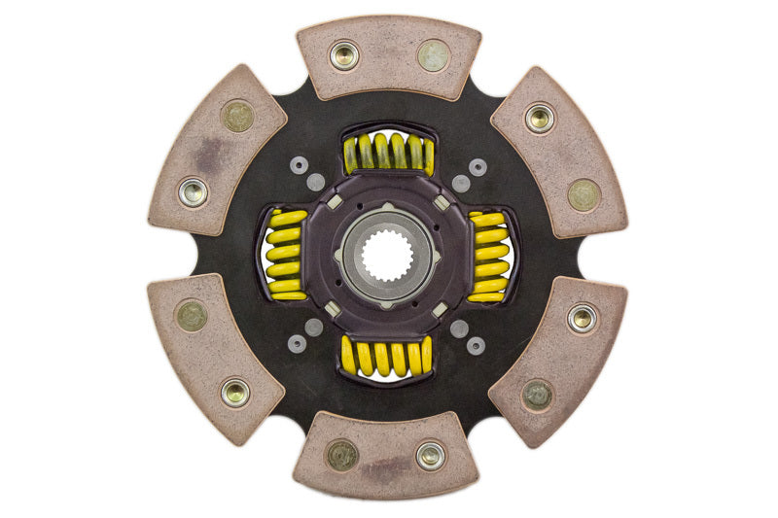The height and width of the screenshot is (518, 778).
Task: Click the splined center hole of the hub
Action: pyautogui.click(x=387, y=257)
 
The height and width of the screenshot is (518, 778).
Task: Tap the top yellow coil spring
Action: pyautogui.click(x=388, y=152)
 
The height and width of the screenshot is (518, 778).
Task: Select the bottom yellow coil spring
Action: pyautogui.click(x=387, y=357)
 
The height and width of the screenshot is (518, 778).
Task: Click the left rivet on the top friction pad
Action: pyautogui.click(x=344, y=54)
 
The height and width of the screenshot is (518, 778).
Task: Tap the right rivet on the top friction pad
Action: pyautogui.click(x=434, y=54)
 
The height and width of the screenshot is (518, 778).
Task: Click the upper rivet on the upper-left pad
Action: pyautogui.click(x=237, y=117)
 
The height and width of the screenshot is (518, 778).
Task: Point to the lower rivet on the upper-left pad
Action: pyautogui.click(x=193, y=191)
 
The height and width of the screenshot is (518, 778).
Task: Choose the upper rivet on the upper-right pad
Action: pyautogui.click(x=540, y=119)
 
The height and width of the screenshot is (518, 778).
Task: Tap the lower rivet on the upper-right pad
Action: pyautogui.click(x=583, y=194)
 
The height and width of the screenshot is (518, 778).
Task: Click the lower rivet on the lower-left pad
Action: pyautogui.click(x=235, y=393)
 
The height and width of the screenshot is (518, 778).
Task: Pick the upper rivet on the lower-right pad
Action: pyautogui.click(x=583, y=318)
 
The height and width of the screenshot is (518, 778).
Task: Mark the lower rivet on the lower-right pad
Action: pyautogui.click(x=538, y=394)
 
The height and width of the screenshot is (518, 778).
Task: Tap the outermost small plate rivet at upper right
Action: pyautogui.click(x=477, y=166)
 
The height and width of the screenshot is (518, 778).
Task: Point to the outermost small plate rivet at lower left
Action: pyautogui.click(x=298, y=344)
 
